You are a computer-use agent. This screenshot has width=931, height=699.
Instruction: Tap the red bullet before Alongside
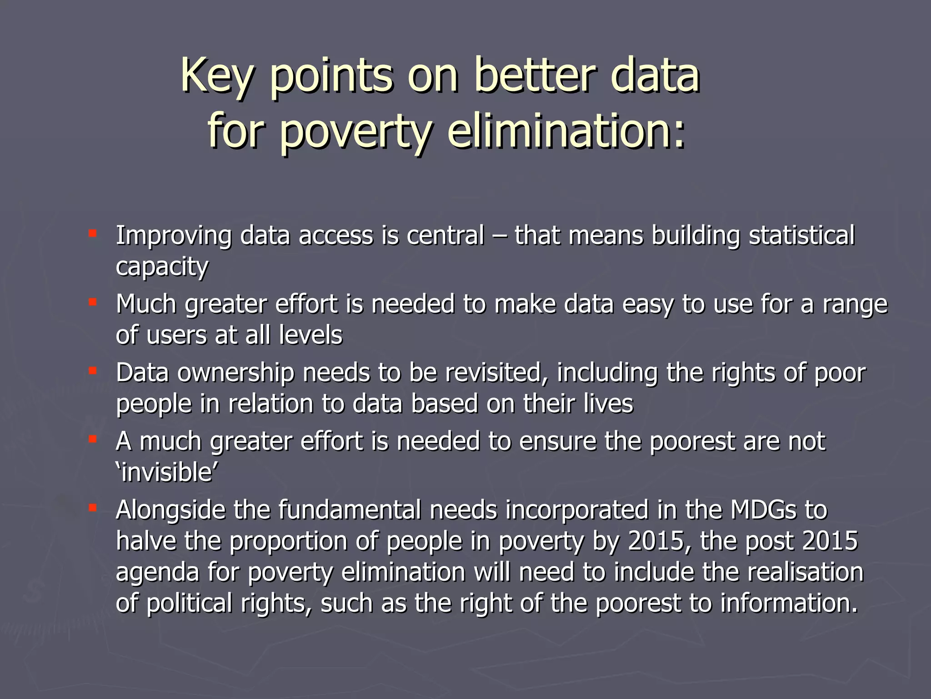coord(93,508)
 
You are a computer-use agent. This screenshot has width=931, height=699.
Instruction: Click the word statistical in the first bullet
coord(801,236)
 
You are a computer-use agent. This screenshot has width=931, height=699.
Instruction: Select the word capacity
coord(162,267)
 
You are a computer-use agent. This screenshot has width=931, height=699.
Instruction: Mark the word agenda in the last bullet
coord(157,573)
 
